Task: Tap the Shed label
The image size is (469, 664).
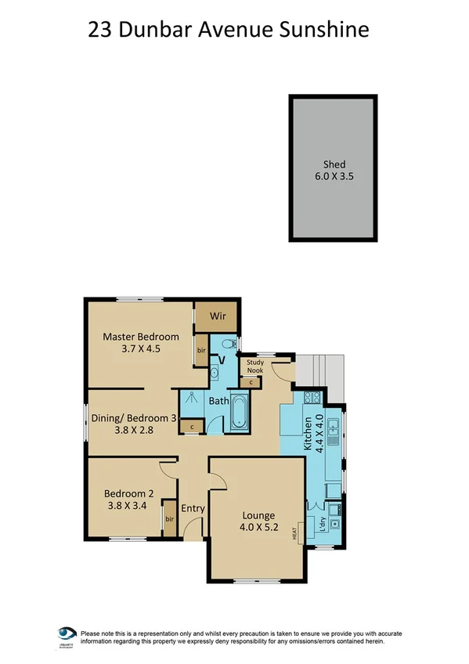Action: coord(334,165)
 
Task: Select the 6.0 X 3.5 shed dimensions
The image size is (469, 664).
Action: coord(334,178)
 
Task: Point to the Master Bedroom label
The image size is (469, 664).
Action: coord(141,337)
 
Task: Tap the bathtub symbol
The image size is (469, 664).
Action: coord(238,411)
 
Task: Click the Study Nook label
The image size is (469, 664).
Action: coord(255,366)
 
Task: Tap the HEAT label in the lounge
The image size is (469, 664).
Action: coord(295,532)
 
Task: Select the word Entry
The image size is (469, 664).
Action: coord(193,509)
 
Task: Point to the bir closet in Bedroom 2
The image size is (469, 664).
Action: coord(168,519)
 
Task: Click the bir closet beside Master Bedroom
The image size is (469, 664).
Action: coord(201,350)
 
